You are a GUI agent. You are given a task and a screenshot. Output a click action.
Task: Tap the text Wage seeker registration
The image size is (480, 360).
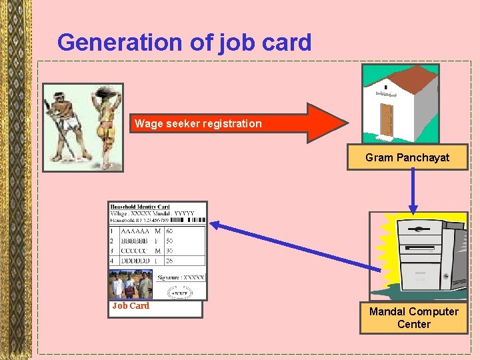(198, 123)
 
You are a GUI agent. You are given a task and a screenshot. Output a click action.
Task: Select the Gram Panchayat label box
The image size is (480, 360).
(407, 158)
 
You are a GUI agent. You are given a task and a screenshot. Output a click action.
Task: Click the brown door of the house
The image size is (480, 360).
(387, 119)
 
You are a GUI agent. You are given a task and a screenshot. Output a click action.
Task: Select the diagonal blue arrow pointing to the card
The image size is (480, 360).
(293, 247)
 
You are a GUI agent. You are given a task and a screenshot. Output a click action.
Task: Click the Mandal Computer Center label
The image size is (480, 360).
(413, 318)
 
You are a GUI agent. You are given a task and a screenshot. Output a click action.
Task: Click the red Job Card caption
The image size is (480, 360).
(131, 306)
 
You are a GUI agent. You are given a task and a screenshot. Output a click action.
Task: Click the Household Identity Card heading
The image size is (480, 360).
(140, 207)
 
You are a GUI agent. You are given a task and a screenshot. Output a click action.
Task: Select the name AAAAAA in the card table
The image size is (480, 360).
(135, 231)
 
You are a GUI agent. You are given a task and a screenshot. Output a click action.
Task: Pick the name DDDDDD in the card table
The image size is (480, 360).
(135, 261)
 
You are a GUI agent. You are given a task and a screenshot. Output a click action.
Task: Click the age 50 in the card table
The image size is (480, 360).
(169, 241)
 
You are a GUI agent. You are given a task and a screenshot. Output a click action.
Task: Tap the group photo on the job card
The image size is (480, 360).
(131, 285)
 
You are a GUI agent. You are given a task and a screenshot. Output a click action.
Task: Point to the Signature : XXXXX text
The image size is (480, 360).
(181, 277)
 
